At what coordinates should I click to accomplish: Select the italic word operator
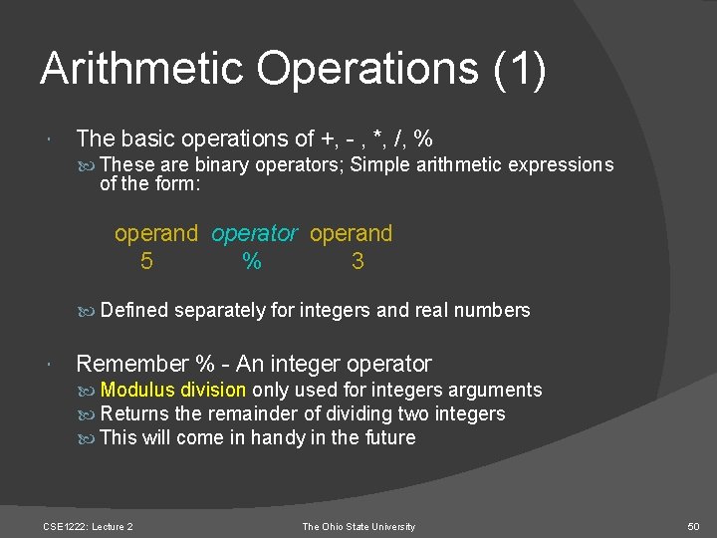[x=254, y=234]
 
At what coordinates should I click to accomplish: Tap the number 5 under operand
[x=146, y=261]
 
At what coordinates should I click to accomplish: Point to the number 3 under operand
[x=358, y=261]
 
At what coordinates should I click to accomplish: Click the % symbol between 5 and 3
[x=252, y=261]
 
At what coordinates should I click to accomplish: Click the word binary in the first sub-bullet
[x=222, y=164]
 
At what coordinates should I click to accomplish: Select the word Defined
[x=134, y=310]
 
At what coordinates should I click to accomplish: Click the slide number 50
[x=695, y=526]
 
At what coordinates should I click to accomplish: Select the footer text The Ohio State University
[x=358, y=526]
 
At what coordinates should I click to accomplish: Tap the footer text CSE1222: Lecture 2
[x=89, y=526]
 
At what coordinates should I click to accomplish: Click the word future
[x=386, y=437]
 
